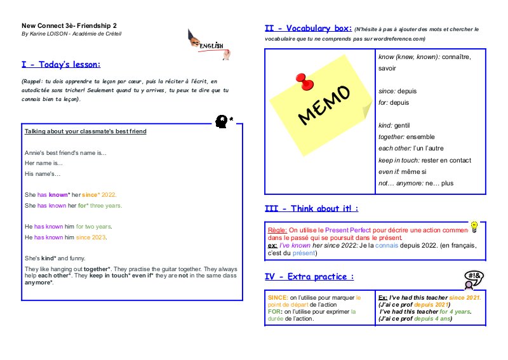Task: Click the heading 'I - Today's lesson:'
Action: pyautogui.click(x=61, y=65)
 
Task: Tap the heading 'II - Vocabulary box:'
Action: pyautogui.click(x=308, y=29)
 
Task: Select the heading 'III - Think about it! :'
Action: pyautogui.click(x=311, y=208)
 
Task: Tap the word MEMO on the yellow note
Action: pyautogui.click(x=324, y=103)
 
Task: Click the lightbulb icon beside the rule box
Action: pyautogui.click(x=474, y=226)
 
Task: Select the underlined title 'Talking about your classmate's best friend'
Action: pyautogui.click(x=85, y=131)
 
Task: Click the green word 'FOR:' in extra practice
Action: pyautogui.click(x=275, y=312)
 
